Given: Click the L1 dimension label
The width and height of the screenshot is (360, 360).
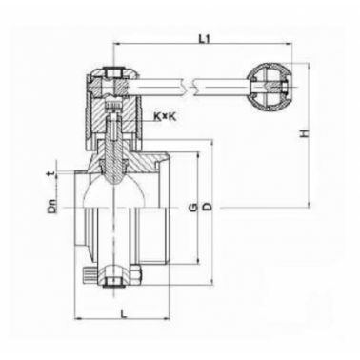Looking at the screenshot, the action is point(205,39).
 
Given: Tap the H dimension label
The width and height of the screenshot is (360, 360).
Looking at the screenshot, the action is point(305,133).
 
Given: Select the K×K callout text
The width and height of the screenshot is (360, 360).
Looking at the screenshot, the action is point(165,117).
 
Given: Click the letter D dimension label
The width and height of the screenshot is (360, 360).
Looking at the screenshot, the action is point(208,208).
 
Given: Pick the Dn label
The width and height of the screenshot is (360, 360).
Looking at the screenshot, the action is point(52,207).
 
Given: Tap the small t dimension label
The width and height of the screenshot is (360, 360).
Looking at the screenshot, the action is point(52,173).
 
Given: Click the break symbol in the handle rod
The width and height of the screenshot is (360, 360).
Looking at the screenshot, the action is point(190,87).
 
